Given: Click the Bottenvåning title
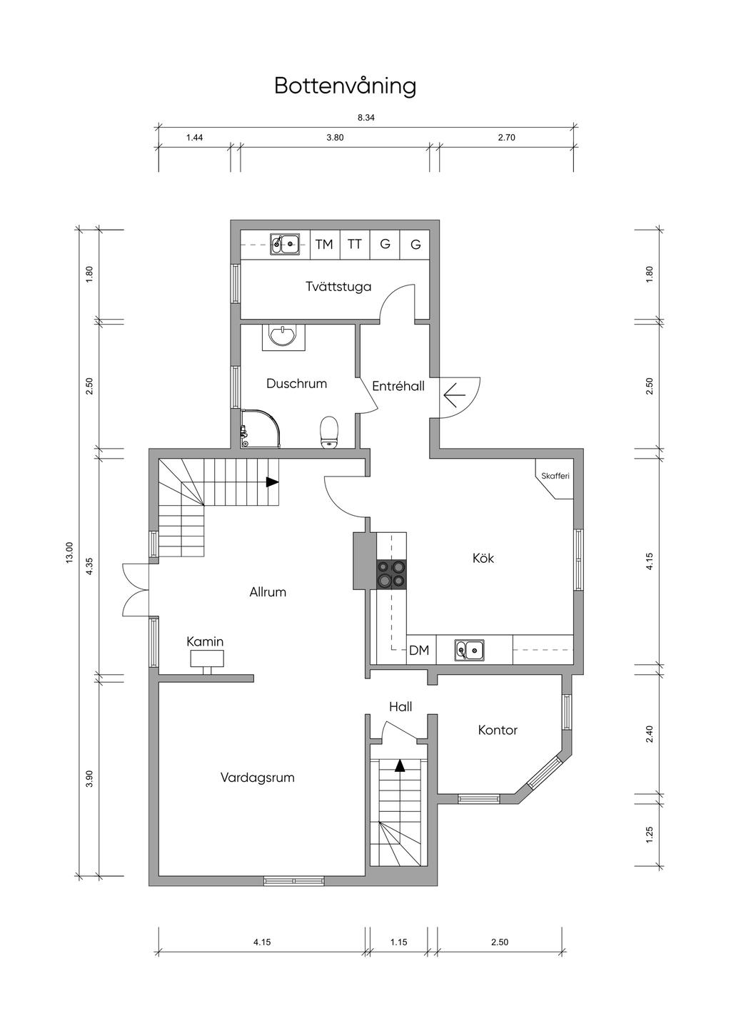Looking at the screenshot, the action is [346, 86].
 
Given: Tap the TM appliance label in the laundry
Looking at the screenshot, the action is [324, 244].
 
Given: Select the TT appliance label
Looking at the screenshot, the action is [354, 244].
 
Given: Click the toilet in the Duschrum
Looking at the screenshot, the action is [328, 432].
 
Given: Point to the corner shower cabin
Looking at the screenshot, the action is [260, 428].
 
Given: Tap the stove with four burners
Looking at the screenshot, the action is [392, 574].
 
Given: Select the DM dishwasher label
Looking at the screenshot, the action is [419, 650].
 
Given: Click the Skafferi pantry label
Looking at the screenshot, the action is [555, 476].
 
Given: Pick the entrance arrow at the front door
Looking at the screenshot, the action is [455, 395].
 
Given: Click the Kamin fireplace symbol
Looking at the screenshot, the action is [207, 662].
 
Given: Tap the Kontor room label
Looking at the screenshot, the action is [498, 730].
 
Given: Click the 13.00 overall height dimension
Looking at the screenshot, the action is [69, 552].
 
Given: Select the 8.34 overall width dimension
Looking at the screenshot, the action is [366, 118].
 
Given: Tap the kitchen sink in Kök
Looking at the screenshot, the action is [469, 650].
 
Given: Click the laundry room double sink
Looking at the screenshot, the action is [284, 244].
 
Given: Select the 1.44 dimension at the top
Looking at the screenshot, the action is [194, 138].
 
